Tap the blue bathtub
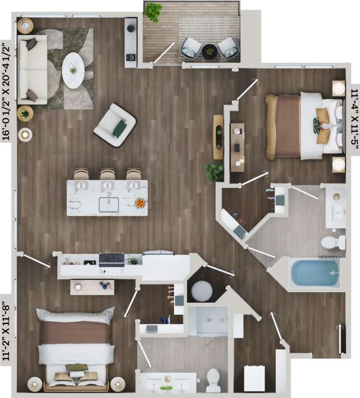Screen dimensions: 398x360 tap(314, 273)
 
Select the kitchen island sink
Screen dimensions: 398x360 tap(108, 204)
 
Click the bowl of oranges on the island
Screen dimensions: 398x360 tap(139, 203)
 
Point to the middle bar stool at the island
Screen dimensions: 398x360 tap(107, 175)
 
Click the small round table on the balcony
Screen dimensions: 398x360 tap(209, 51)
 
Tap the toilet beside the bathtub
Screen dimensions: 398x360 tap(332, 242)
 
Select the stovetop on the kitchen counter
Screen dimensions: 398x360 tap(111, 258)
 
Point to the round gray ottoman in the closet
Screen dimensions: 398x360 tap(202, 291)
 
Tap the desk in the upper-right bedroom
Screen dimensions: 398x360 tap(237, 147)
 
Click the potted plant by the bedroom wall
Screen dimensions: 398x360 tap(214, 171)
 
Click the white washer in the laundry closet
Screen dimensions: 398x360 tap(254, 378)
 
